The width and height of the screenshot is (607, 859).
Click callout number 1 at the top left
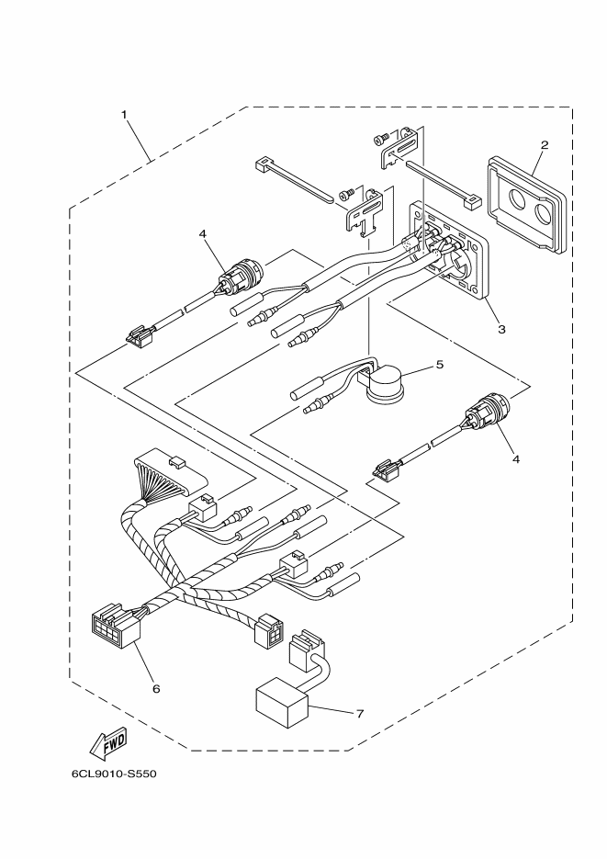point(123,115)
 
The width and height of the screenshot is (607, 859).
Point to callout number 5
point(439,365)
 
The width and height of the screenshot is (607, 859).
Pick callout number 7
point(359,714)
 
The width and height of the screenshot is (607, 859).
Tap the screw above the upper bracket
point(379,138)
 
